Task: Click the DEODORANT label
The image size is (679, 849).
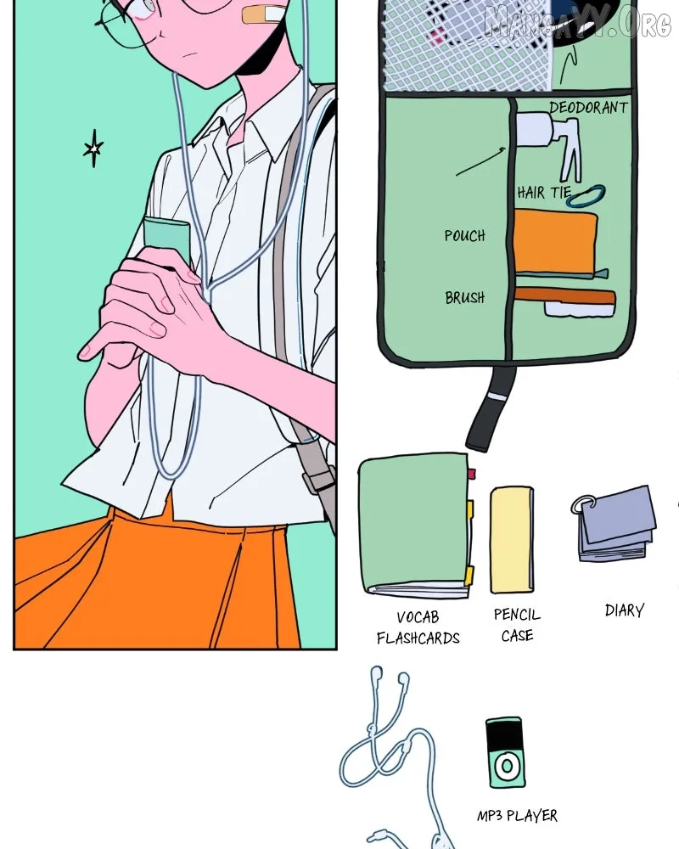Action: (588, 107)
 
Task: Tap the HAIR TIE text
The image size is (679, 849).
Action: (544, 192)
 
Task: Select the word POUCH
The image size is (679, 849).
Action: (464, 235)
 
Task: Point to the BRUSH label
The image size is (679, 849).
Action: (464, 297)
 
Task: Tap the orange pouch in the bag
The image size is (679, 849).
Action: (555, 241)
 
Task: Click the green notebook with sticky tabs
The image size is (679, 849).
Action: (415, 526)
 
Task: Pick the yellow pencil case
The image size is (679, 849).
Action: (512, 539)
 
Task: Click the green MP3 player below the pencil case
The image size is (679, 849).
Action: (505, 752)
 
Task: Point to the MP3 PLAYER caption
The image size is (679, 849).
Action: (517, 815)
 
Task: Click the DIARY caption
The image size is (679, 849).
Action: (625, 610)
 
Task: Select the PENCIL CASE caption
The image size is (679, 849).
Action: (517, 625)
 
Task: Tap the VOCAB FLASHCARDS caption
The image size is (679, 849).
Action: (418, 628)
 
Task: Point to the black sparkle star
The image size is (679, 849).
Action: (93, 148)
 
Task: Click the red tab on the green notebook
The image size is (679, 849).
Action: (472, 475)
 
